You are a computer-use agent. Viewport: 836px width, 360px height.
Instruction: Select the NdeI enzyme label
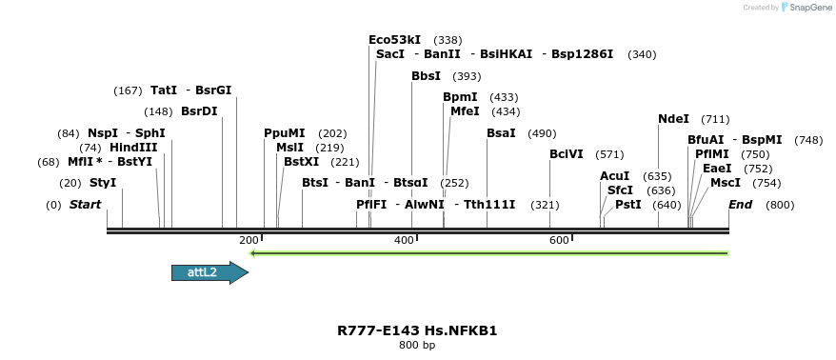(x=673, y=119)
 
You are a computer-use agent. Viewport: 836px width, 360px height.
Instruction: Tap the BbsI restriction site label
(x=426, y=75)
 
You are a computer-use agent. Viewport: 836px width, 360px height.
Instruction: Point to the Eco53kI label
(x=394, y=40)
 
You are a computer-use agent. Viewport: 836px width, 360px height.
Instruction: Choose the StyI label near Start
(x=103, y=182)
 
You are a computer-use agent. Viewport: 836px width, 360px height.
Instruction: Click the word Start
(x=85, y=205)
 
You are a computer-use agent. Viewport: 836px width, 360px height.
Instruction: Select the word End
(x=740, y=205)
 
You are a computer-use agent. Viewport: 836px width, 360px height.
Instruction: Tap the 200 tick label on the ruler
(x=249, y=240)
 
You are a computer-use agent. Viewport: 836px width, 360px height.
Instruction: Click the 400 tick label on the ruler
(x=404, y=240)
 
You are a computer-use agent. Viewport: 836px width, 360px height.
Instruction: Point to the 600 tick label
(x=559, y=240)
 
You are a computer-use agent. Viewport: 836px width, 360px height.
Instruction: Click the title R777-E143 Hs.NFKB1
(x=417, y=330)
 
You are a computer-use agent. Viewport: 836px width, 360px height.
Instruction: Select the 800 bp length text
(x=417, y=345)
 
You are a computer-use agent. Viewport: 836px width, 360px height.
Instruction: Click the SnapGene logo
(x=807, y=8)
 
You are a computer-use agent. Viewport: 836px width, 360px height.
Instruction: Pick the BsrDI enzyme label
(x=199, y=111)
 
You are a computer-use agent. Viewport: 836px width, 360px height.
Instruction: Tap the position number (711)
(x=715, y=119)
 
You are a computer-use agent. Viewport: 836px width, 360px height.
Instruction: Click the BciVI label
(x=567, y=154)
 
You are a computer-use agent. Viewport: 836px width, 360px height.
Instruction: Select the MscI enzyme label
(x=726, y=182)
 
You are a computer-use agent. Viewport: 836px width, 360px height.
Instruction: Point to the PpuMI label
(x=285, y=133)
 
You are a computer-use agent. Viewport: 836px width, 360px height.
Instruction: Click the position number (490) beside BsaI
(x=541, y=133)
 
